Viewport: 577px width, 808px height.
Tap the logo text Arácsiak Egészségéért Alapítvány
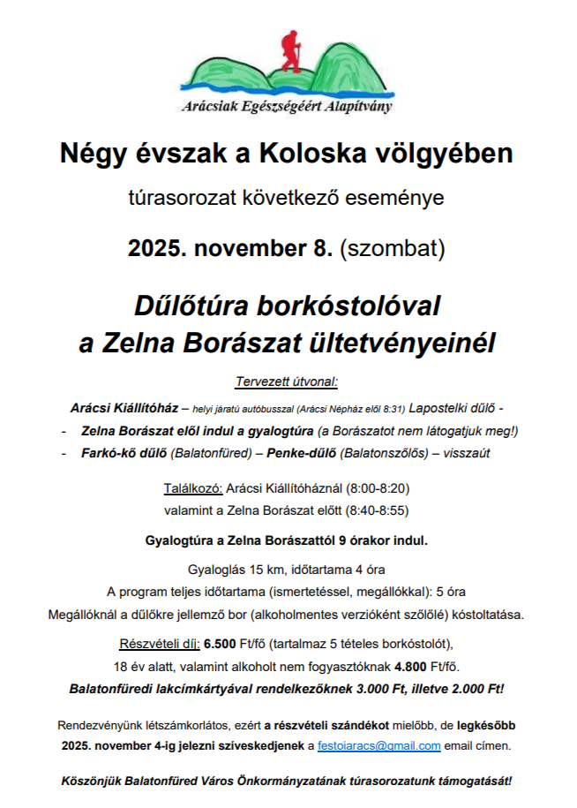click(288, 107)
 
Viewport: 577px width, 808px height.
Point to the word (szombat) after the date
click(393, 248)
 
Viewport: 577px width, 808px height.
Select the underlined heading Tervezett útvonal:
click(287, 383)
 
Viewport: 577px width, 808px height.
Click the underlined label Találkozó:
click(193, 487)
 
